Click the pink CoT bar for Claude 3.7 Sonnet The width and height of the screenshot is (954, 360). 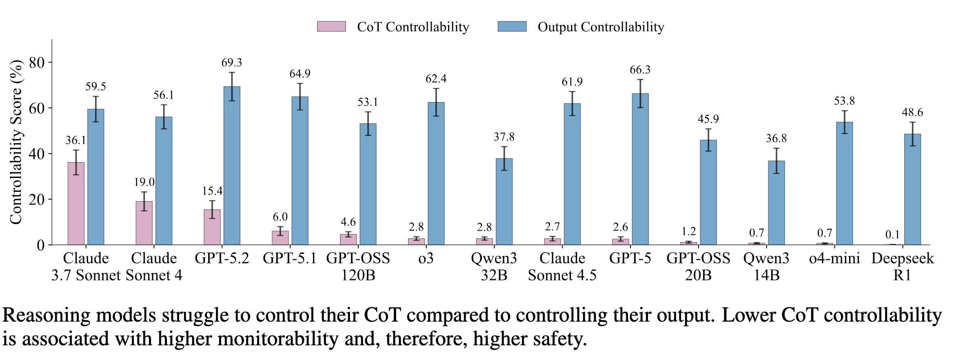click(76, 204)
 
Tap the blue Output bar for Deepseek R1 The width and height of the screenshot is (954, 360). click(912, 189)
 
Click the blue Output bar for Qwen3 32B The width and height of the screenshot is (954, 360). click(504, 202)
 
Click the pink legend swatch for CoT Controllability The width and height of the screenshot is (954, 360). click(331, 27)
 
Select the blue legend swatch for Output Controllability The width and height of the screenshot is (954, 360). click(512, 27)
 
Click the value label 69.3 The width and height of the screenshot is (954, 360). click(232, 62)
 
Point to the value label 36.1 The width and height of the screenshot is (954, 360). click(76, 140)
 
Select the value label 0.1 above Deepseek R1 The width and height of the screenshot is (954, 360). click(892, 235)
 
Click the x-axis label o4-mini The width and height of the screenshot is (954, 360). click(834, 258)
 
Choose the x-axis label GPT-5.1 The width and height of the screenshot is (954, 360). click(290, 258)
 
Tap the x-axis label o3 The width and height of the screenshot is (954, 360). click(426, 258)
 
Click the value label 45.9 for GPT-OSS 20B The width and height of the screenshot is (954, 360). click(708, 119)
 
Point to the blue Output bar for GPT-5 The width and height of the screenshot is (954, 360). click(640, 169)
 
